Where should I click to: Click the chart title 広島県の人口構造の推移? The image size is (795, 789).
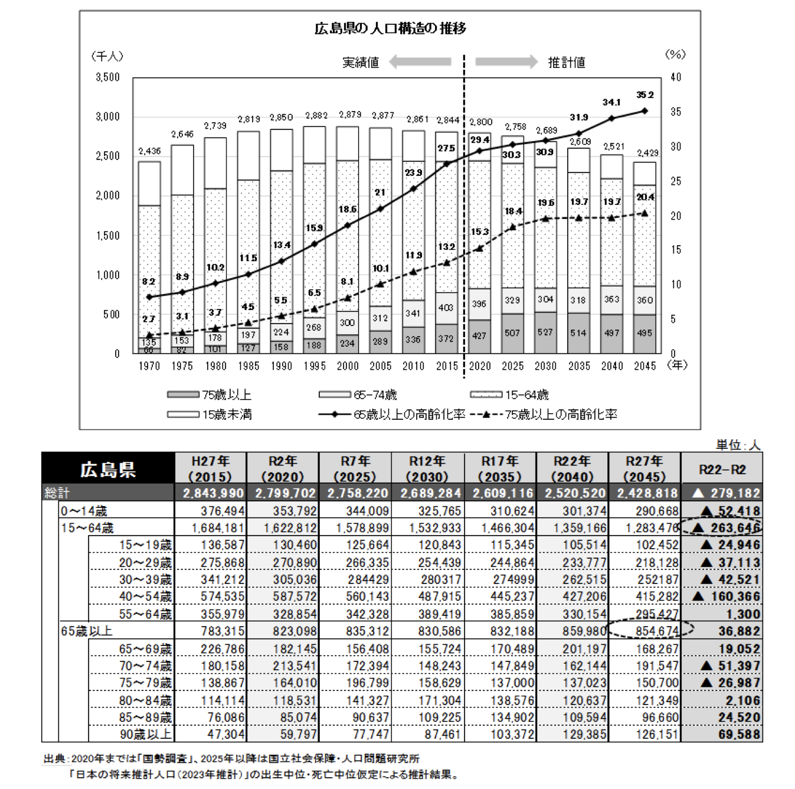click(x=390, y=28)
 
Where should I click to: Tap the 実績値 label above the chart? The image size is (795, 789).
click(x=361, y=62)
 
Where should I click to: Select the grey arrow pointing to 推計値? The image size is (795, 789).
click(x=506, y=61)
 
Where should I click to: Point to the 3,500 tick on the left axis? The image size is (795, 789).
click(x=107, y=77)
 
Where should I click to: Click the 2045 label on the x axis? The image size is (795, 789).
click(x=644, y=366)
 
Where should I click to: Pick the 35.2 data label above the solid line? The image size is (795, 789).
click(x=644, y=94)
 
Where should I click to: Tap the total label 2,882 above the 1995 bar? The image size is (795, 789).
click(x=316, y=116)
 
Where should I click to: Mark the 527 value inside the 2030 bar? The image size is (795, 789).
click(x=545, y=332)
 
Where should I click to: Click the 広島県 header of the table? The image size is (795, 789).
click(x=108, y=470)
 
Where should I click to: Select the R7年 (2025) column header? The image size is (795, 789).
click(x=355, y=469)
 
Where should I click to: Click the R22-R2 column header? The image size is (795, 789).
click(x=722, y=470)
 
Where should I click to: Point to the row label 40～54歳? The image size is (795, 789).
click(x=145, y=596)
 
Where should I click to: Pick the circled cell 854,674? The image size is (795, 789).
click(x=657, y=631)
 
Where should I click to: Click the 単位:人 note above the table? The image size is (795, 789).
click(x=737, y=445)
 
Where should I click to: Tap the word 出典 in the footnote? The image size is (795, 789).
click(x=54, y=758)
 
